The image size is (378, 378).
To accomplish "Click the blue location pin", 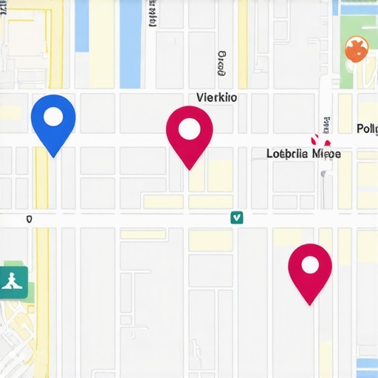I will tap(53, 122).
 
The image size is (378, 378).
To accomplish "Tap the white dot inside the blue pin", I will tap(53, 116).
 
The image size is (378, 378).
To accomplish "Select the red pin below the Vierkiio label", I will tap(190, 134).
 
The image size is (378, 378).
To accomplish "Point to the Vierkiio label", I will tap(217, 97).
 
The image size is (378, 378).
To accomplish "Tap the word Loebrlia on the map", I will tap(287, 154).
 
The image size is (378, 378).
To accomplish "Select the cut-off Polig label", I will tap(367, 128).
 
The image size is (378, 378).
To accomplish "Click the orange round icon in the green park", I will tap(356, 49).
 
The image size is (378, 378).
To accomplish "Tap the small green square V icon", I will tap(236, 217).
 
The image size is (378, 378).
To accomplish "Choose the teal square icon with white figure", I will tap(14, 280).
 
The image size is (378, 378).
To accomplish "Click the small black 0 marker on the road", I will tap(29, 219).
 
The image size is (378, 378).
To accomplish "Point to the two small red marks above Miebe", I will tap(320, 139).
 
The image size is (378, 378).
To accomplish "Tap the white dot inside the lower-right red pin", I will tap(310, 264).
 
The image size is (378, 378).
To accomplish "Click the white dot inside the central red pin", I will tap(190, 128).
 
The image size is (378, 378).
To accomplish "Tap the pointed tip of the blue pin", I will tap(53, 156).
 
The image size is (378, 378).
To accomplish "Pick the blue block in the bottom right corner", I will tap(366, 366).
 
